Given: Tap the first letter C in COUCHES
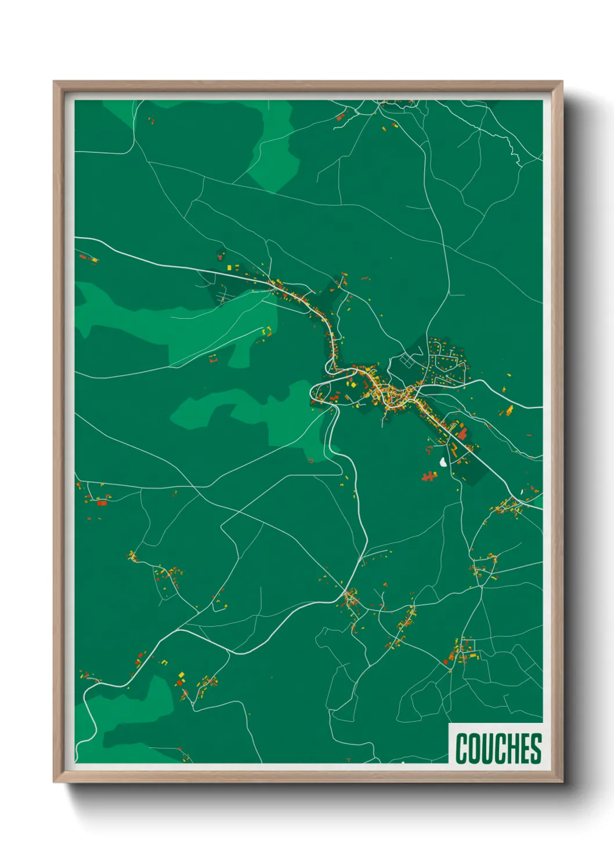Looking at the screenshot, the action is click(x=462, y=748).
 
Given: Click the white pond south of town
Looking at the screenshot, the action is click(x=443, y=462).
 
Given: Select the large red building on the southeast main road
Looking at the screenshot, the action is click(x=462, y=433).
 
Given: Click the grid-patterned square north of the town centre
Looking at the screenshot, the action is click(x=408, y=361).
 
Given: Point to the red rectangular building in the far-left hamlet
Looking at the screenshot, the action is click(x=102, y=503).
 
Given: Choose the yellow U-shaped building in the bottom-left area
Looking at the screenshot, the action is click(x=164, y=661).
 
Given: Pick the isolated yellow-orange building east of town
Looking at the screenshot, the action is click(x=509, y=410).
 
